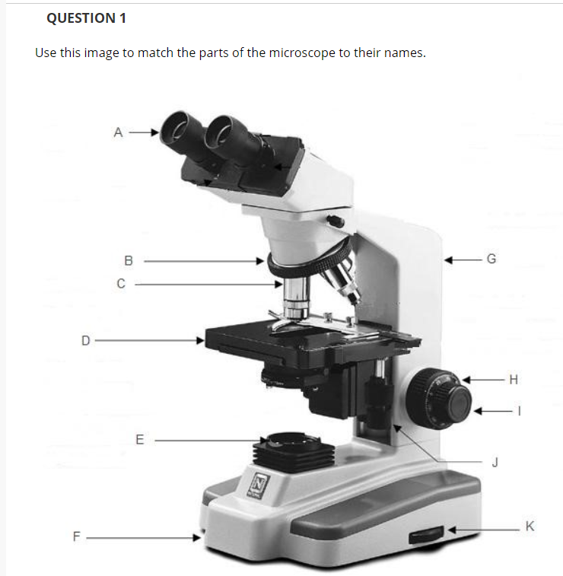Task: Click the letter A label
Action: pos(118,132)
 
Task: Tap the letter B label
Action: pos(128,261)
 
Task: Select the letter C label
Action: pos(121,284)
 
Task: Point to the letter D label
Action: pos(85,341)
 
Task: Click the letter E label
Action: pos(139,440)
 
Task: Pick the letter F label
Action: pos(76,536)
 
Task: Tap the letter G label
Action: pos(491,259)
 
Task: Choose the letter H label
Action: pos(514,380)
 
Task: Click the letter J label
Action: pos(495,462)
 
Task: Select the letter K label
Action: pos(530,526)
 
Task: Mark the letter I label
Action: pos(520,411)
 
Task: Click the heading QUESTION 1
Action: pos(86,18)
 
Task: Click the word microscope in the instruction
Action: pos(302,53)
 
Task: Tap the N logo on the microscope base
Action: pos(259,485)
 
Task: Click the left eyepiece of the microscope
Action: pos(180,130)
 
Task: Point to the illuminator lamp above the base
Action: pos(293,451)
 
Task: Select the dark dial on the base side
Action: pos(426,535)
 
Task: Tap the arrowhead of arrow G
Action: pos(448,260)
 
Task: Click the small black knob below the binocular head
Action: pos(336,221)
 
